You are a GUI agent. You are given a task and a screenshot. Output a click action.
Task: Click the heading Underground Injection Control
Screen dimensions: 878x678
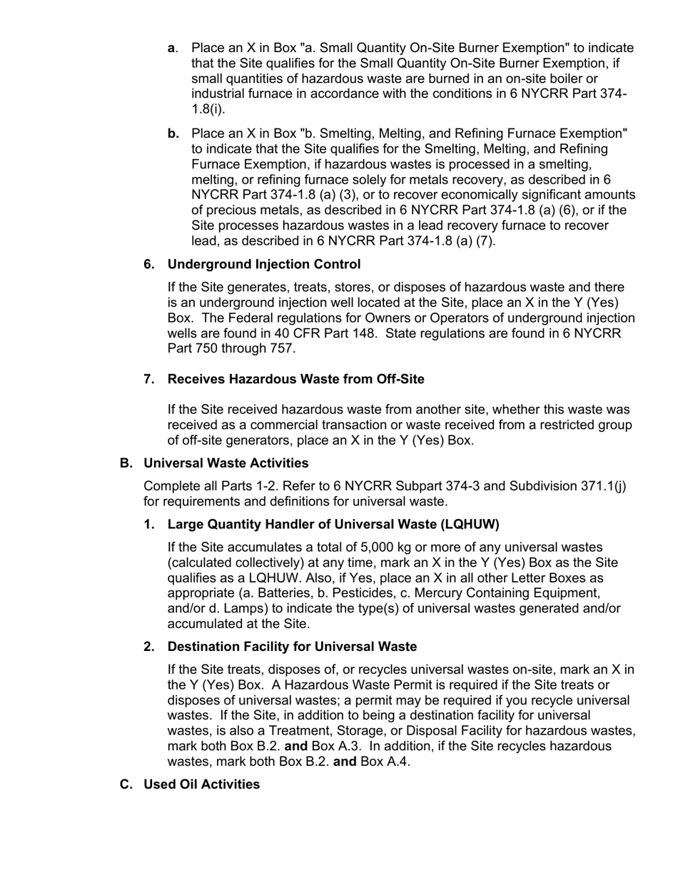263,264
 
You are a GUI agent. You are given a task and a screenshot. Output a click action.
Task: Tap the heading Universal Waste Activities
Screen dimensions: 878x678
226,463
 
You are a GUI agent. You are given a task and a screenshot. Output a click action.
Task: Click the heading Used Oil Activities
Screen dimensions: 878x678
201,784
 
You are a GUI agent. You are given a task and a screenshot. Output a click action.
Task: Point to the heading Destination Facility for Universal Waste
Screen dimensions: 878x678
292,647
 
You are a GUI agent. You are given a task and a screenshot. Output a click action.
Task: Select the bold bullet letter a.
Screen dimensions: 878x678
171,48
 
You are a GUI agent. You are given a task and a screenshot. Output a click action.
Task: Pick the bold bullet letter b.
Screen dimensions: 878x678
173,133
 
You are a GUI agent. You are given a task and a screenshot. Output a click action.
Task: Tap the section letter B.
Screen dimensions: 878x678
126,463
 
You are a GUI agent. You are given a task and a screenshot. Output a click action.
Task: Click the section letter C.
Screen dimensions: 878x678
126,784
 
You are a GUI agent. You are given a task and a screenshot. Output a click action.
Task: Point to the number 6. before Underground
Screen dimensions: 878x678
149,264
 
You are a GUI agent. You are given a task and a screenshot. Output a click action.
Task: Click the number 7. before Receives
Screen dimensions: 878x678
149,379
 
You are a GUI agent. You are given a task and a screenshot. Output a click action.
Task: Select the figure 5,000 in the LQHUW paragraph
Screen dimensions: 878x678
380,548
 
